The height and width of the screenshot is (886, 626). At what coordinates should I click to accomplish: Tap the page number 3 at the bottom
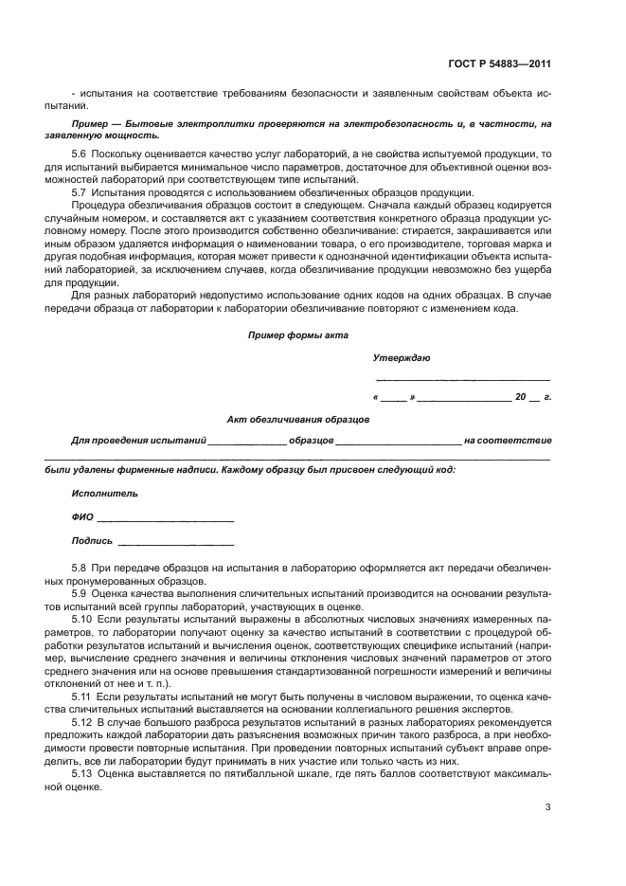click(x=548, y=807)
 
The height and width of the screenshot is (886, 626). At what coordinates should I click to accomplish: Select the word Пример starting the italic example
click(x=90, y=125)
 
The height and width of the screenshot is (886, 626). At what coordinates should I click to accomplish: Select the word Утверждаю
click(x=402, y=358)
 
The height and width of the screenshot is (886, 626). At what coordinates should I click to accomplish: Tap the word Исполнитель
click(x=104, y=494)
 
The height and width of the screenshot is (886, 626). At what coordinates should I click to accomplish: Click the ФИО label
click(x=81, y=517)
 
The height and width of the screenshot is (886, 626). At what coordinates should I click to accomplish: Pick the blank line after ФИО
click(x=166, y=520)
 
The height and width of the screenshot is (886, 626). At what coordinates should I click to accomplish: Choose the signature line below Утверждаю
click(x=462, y=379)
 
